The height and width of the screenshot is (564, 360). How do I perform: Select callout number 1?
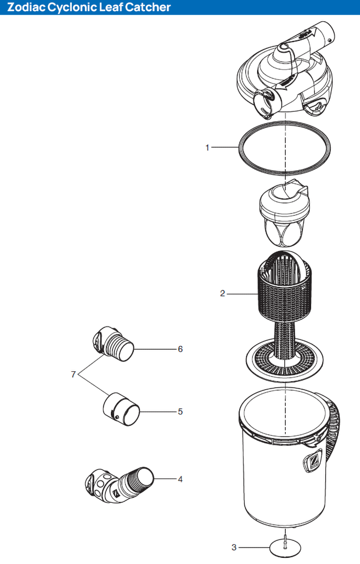click(207, 148)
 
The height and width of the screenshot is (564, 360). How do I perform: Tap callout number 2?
click(223, 294)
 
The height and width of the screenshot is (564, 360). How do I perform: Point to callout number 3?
click(234, 547)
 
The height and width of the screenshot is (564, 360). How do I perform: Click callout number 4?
click(180, 479)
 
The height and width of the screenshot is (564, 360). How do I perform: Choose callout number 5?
click(180, 411)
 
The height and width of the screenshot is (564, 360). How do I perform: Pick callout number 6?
click(180, 349)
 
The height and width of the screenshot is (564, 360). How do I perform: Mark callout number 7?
click(73, 374)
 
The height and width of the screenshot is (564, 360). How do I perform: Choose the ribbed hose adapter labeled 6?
click(115, 345)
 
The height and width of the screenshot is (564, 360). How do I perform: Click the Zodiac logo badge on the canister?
click(314, 463)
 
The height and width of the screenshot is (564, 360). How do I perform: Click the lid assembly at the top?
click(285, 75)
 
